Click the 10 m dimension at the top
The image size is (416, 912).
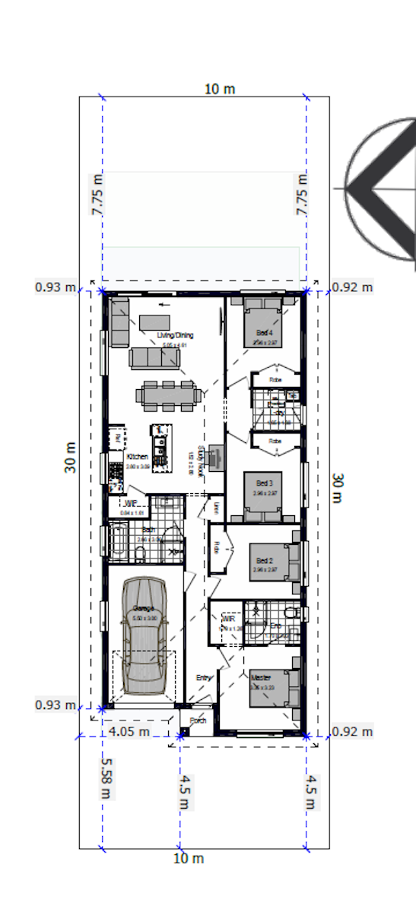(x=220, y=89)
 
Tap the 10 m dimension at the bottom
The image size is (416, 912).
(x=189, y=859)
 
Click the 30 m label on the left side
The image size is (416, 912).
(x=71, y=458)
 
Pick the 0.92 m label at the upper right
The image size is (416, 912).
(x=353, y=287)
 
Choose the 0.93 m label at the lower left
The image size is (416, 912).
(x=56, y=705)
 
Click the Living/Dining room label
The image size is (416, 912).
(x=176, y=335)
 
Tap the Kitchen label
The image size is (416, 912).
(x=137, y=457)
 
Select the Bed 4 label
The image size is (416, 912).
(x=264, y=333)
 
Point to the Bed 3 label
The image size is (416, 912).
(x=264, y=483)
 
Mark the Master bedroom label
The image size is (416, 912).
(x=261, y=676)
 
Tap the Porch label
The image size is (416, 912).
(x=198, y=720)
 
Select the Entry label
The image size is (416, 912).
(x=204, y=678)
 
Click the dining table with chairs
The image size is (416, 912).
(x=170, y=394)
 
